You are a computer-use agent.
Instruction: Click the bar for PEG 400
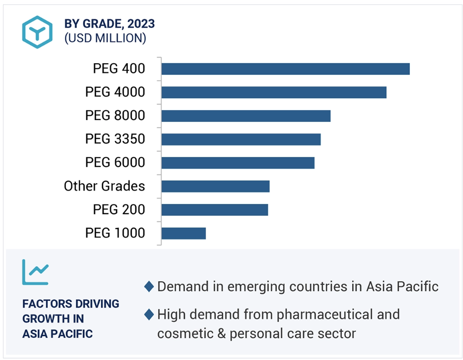point(285,69)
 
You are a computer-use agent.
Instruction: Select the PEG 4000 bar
point(274,92)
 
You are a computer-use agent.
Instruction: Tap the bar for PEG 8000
point(246,116)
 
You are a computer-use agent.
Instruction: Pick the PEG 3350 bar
point(241,139)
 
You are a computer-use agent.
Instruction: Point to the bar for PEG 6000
point(238,163)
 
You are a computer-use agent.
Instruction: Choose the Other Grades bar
point(215,186)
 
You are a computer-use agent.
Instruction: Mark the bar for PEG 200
point(214,209)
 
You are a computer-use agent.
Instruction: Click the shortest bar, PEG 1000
point(183,233)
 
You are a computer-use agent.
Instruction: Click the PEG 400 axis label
point(119,69)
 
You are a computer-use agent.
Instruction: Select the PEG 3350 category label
point(115,139)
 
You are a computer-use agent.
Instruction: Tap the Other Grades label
point(104,186)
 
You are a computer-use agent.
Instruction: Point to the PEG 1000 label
point(115,233)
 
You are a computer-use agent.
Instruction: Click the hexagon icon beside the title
point(37,32)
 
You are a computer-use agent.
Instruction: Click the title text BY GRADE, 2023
point(109,23)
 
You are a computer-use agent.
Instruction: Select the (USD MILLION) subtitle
point(105,38)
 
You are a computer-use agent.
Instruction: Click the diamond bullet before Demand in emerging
point(149,287)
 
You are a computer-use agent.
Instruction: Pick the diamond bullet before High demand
point(149,315)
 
